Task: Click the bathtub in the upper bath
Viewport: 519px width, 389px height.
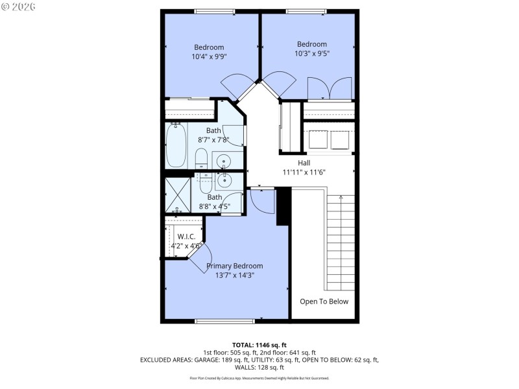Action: point(176,145)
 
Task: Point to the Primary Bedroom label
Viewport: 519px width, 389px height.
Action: point(234,266)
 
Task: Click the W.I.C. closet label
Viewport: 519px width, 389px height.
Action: point(186,237)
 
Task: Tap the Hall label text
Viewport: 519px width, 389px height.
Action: point(304,163)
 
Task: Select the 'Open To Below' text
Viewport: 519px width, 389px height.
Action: point(324,301)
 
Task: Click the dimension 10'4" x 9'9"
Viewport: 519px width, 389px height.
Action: point(208,56)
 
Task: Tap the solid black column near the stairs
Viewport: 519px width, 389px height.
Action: point(283,206)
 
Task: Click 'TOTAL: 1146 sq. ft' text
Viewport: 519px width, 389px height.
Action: point(259,344)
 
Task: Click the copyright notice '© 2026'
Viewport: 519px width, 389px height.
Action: point(19,7)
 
